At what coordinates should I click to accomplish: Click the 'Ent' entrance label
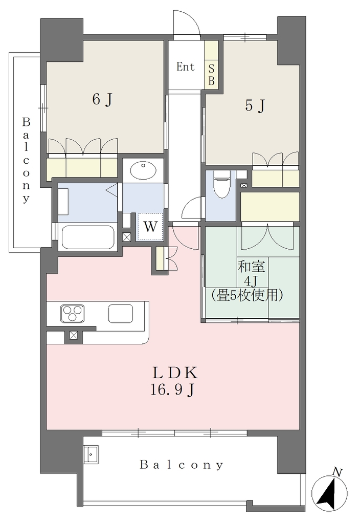pos(185,67)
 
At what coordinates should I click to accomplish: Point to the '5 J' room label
pos(255,105)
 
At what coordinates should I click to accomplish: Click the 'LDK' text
pos(175,373)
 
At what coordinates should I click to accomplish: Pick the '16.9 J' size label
pos(172,389)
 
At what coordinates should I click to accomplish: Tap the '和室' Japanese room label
pos(252,267)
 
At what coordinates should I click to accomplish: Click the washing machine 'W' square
pos(150,227)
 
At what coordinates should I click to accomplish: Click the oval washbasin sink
pos(143,170)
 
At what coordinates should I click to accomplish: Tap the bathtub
pos(88,237)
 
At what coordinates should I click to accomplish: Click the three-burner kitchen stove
pos(72,314)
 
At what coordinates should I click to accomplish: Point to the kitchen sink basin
pos(121,314)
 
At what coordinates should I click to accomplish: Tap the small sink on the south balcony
pos(91,454)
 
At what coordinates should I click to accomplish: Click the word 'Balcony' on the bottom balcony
pos(182,465)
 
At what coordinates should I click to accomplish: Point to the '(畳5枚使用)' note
pos(247,295)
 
